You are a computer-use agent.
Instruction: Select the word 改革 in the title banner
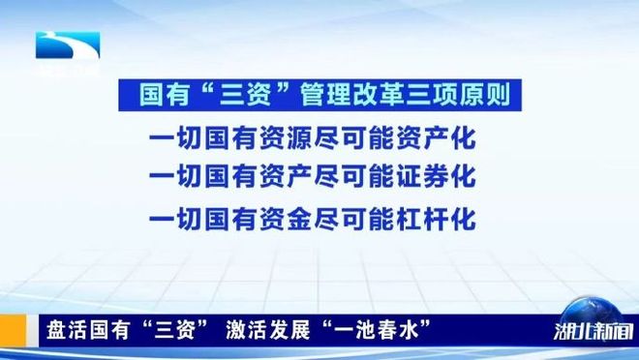click(379, 95)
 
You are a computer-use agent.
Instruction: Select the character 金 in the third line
click(299, 219)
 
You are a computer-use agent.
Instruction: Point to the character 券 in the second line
click(437, 176)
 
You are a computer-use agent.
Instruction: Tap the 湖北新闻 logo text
click(593, 332)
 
